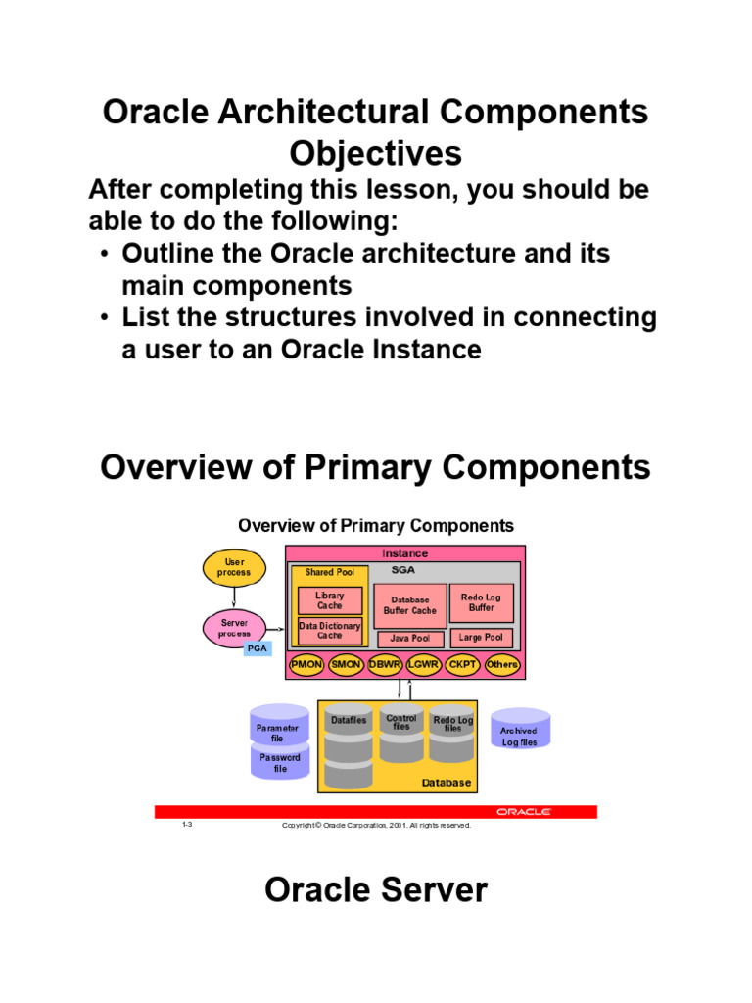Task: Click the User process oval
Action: click(234, 567)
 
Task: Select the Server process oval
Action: click(234, 628)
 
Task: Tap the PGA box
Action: click(257, 647)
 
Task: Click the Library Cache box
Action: click(329, 600)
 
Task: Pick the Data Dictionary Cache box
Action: click(329, 630)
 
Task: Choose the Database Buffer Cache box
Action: click(409, 605)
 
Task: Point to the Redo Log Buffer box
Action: click(481, 602)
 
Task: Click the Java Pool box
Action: click(409, 639)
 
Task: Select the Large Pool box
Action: click(481, 638)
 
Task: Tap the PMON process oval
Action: click(305, 665)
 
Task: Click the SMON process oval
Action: click(346, 665)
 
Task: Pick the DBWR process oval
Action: click(385, 665)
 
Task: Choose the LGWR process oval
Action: click(424, 665)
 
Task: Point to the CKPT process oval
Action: click(462, 665)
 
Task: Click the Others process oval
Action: click(501, 665)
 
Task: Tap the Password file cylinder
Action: click(280, 762)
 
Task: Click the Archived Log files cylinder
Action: click(519, 733)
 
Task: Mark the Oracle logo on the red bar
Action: click(523, 812)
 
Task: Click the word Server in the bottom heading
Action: click(432, 890)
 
